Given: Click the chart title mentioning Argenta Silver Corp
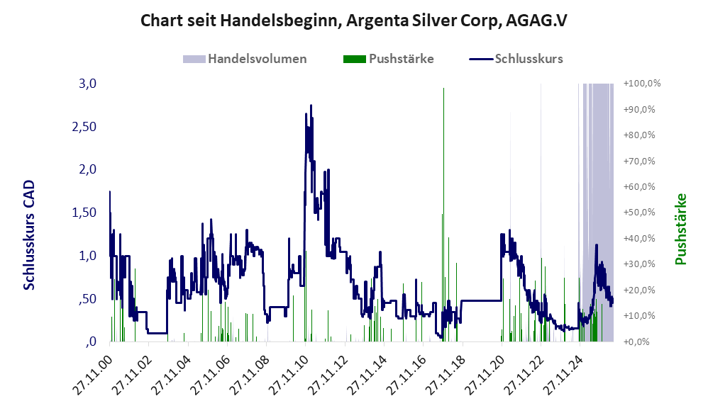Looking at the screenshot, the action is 353,21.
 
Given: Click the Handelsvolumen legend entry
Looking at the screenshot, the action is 245,59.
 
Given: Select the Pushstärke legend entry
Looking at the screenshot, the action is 388,59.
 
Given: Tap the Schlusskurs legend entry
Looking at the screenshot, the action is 516,59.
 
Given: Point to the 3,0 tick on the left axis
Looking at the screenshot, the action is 87,84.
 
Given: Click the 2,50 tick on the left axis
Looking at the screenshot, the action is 84,127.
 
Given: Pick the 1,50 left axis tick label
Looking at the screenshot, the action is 84,213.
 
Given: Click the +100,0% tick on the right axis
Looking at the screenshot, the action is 642,84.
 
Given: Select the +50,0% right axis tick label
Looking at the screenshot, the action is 639,213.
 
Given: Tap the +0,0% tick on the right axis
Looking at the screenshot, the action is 636,341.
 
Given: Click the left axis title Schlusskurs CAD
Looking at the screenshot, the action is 29,235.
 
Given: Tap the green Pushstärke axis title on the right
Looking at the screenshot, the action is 681,229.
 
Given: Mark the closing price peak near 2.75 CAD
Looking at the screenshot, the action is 311,106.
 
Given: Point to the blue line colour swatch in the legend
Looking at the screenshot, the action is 481,59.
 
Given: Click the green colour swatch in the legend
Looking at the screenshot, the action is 355,59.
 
